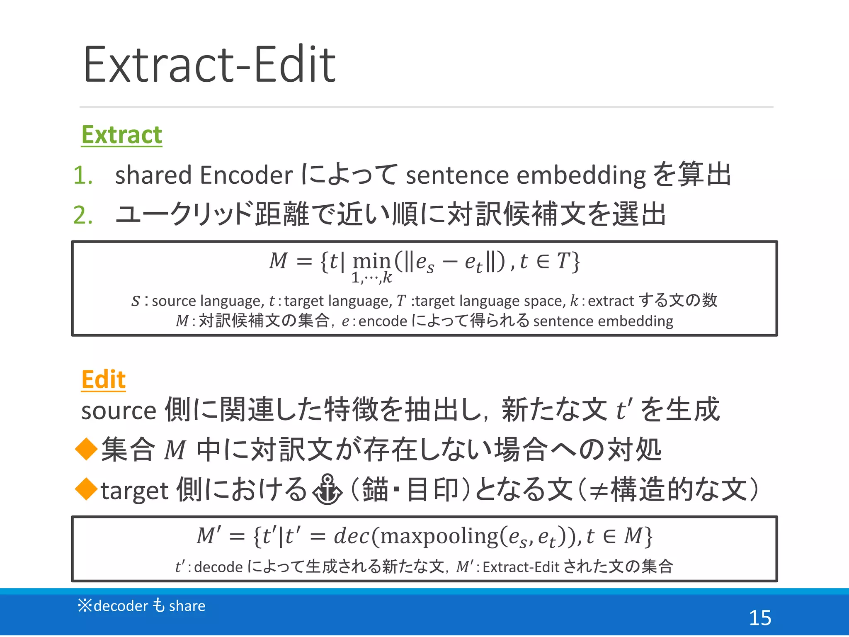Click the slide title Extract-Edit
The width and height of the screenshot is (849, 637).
coord(209,65)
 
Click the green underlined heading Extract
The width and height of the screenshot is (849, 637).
coord(121,135)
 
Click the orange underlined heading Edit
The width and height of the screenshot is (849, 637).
coord(103,379)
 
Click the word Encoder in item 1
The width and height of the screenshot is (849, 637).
coord(246,175)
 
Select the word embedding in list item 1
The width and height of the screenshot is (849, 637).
coord(581,176)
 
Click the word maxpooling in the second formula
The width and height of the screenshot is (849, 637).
coord(439,536)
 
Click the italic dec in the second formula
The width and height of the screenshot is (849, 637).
coord(351,536)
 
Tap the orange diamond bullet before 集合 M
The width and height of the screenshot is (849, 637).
coord(86,450)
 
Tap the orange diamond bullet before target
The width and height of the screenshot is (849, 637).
coord(86,489)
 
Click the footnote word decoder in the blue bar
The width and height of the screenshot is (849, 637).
coord(121,606)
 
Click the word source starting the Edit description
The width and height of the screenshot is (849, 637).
coord(118,411)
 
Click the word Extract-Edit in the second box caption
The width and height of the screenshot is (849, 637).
coord(521,566)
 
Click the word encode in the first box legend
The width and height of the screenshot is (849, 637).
coord(383,321)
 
